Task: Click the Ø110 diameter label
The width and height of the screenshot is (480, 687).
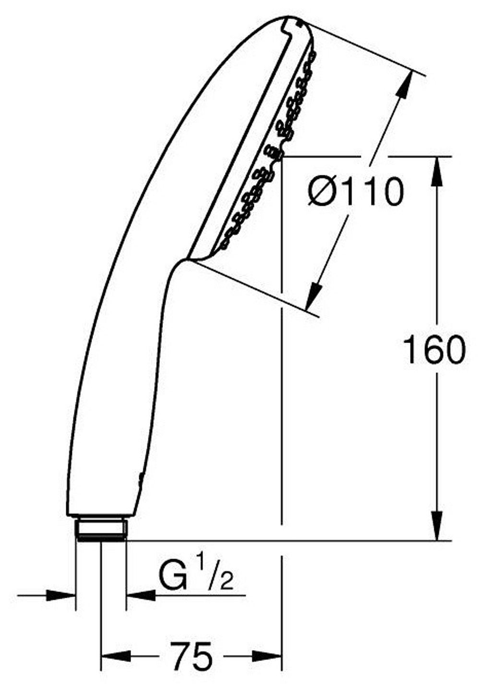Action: [x=356, y=191]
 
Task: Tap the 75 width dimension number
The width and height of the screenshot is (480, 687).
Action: [x=192, y=655]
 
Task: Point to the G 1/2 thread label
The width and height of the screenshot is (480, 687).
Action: [x=196, y=578]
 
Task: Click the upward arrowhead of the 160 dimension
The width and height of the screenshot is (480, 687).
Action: [x=437, y=171]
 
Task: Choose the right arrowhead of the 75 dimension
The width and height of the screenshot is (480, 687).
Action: [x=267, y=655]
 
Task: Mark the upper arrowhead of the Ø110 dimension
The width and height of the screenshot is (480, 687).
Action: [x=404, y=86]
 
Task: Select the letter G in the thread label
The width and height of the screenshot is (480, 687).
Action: [x=172, y=578]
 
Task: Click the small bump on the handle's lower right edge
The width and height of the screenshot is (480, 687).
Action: [x=140, y=478]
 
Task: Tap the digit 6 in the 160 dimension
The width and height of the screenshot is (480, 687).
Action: [x=434, y=349]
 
